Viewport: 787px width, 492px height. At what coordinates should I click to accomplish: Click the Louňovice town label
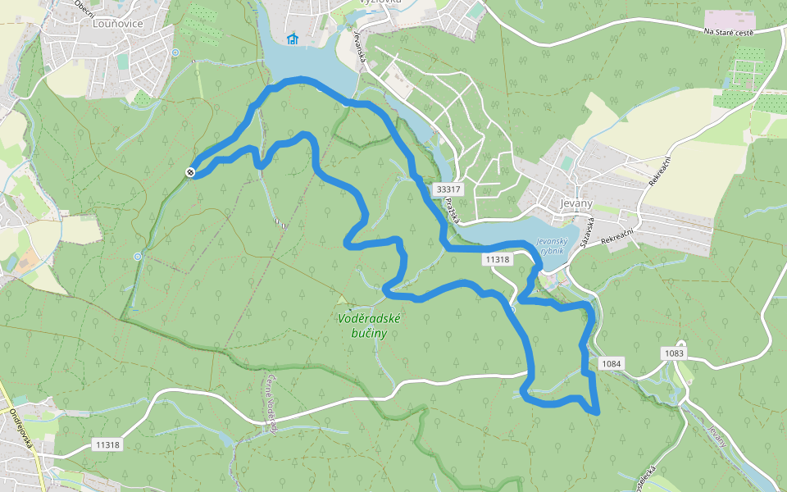[118, 24]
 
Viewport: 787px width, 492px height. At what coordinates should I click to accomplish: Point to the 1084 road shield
[612, 363]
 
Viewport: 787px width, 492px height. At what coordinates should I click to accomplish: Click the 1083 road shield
[674, 353]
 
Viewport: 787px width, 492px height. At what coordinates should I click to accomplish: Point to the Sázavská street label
[586, 233]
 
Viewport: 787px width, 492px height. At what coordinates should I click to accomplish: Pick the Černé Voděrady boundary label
[271, 402]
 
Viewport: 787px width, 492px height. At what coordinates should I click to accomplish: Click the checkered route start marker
[190, 172]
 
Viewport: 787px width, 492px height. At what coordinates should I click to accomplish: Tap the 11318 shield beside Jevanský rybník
[498, 259]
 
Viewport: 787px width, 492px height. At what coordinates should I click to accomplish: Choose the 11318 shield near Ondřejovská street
[107, 444]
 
